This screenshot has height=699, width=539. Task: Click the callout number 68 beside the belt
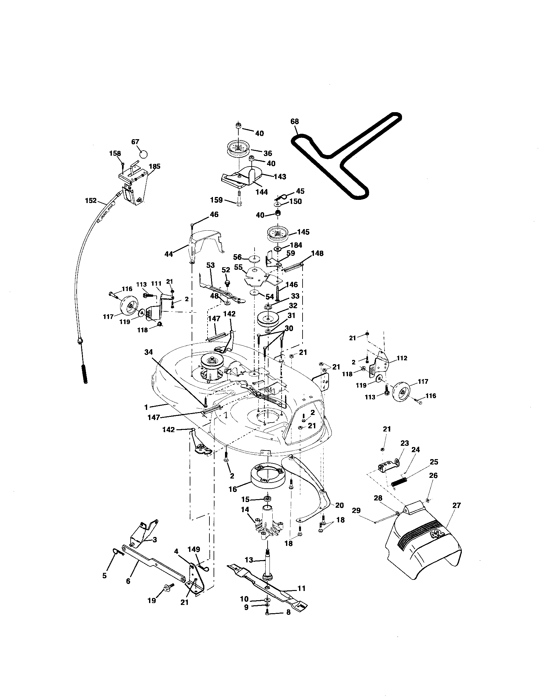click(295, 121)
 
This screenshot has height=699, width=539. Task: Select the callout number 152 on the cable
click(91, 200)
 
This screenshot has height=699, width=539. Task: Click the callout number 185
click(154, 166)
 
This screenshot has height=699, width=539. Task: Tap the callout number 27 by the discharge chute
click(456, 506)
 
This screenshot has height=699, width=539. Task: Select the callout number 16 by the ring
click(232, 489)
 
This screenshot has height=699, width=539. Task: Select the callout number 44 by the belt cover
click(168, 254)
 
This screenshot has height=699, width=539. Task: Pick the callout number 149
click(194, 549)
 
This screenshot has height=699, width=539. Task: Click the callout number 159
click(216, 200)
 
